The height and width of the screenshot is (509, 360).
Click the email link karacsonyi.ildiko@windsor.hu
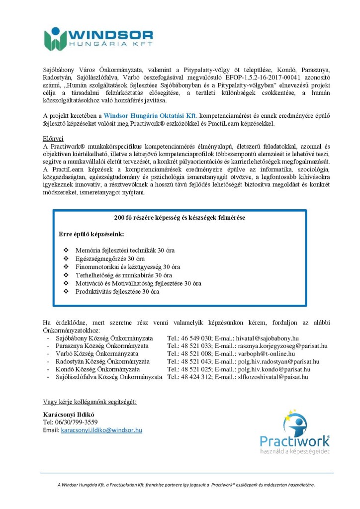pyautogui.click(x=101, y=430)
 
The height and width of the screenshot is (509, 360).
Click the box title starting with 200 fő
pyautogui.click(x=179, y=217)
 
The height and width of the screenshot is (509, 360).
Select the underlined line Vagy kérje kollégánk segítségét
pyautogui.click(x=90, y=401)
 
